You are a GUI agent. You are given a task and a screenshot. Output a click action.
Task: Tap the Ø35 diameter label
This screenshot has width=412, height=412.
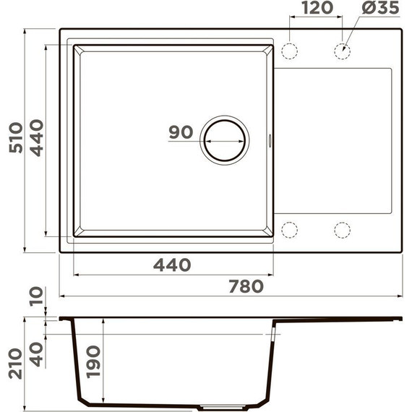pos(376,9)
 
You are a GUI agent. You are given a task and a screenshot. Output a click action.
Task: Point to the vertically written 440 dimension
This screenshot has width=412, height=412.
pos(37,137)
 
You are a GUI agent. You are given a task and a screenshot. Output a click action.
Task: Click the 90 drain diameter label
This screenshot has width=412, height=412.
pos(180,132)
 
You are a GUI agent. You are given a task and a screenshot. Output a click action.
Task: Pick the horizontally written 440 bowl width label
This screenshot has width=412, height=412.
pos(172,265)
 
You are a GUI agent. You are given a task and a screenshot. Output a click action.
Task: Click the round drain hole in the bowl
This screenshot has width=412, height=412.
pos(224,139)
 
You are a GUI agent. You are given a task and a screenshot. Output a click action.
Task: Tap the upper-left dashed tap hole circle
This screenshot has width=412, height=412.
pos(289,51)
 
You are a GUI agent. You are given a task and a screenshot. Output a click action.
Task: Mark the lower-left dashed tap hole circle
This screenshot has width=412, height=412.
pos(289,230)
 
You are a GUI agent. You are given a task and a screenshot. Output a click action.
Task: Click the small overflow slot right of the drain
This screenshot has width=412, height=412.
pos(271,140)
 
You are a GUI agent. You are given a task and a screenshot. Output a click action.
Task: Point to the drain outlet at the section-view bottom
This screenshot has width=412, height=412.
pos(217,407)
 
